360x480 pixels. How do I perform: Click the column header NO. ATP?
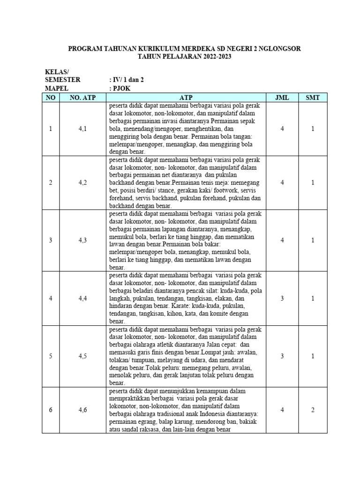click(82, 97)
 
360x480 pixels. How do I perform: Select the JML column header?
click(282, 97)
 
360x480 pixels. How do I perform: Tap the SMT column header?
click(313, 97)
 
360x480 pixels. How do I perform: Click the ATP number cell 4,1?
click(82, 129)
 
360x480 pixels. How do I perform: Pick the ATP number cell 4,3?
click(82, 240)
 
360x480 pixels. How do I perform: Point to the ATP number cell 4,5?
click(82, 356)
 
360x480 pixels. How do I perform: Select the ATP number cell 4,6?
click(82, 410)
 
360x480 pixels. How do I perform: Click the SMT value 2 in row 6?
click(313, 410)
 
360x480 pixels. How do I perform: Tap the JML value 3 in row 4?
click(282, 298)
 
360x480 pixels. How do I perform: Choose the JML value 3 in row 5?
click(282, 356)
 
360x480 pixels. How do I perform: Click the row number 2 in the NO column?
click(51, 183)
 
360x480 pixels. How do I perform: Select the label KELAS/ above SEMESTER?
click(56, 72)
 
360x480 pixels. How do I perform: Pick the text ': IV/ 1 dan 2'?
click(126, 80)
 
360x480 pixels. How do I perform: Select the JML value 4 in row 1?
click(282, 129)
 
